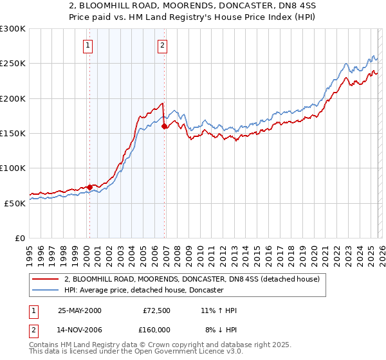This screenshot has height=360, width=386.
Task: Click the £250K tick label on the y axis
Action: point(13,64)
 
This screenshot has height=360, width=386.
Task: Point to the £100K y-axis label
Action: point(13,168)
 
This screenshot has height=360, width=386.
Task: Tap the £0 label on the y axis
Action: point(19,238)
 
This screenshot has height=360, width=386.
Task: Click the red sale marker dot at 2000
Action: point(89,187)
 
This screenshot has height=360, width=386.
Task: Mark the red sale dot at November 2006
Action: point(164,127)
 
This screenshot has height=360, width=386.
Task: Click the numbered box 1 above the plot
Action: point(87,45)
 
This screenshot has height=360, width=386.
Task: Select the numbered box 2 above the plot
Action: point(162,45)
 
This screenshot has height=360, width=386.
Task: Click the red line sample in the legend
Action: point(45,280)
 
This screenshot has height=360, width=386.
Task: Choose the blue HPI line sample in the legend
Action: point(45,290)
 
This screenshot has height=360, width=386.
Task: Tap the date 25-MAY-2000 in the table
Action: point(79,310)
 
